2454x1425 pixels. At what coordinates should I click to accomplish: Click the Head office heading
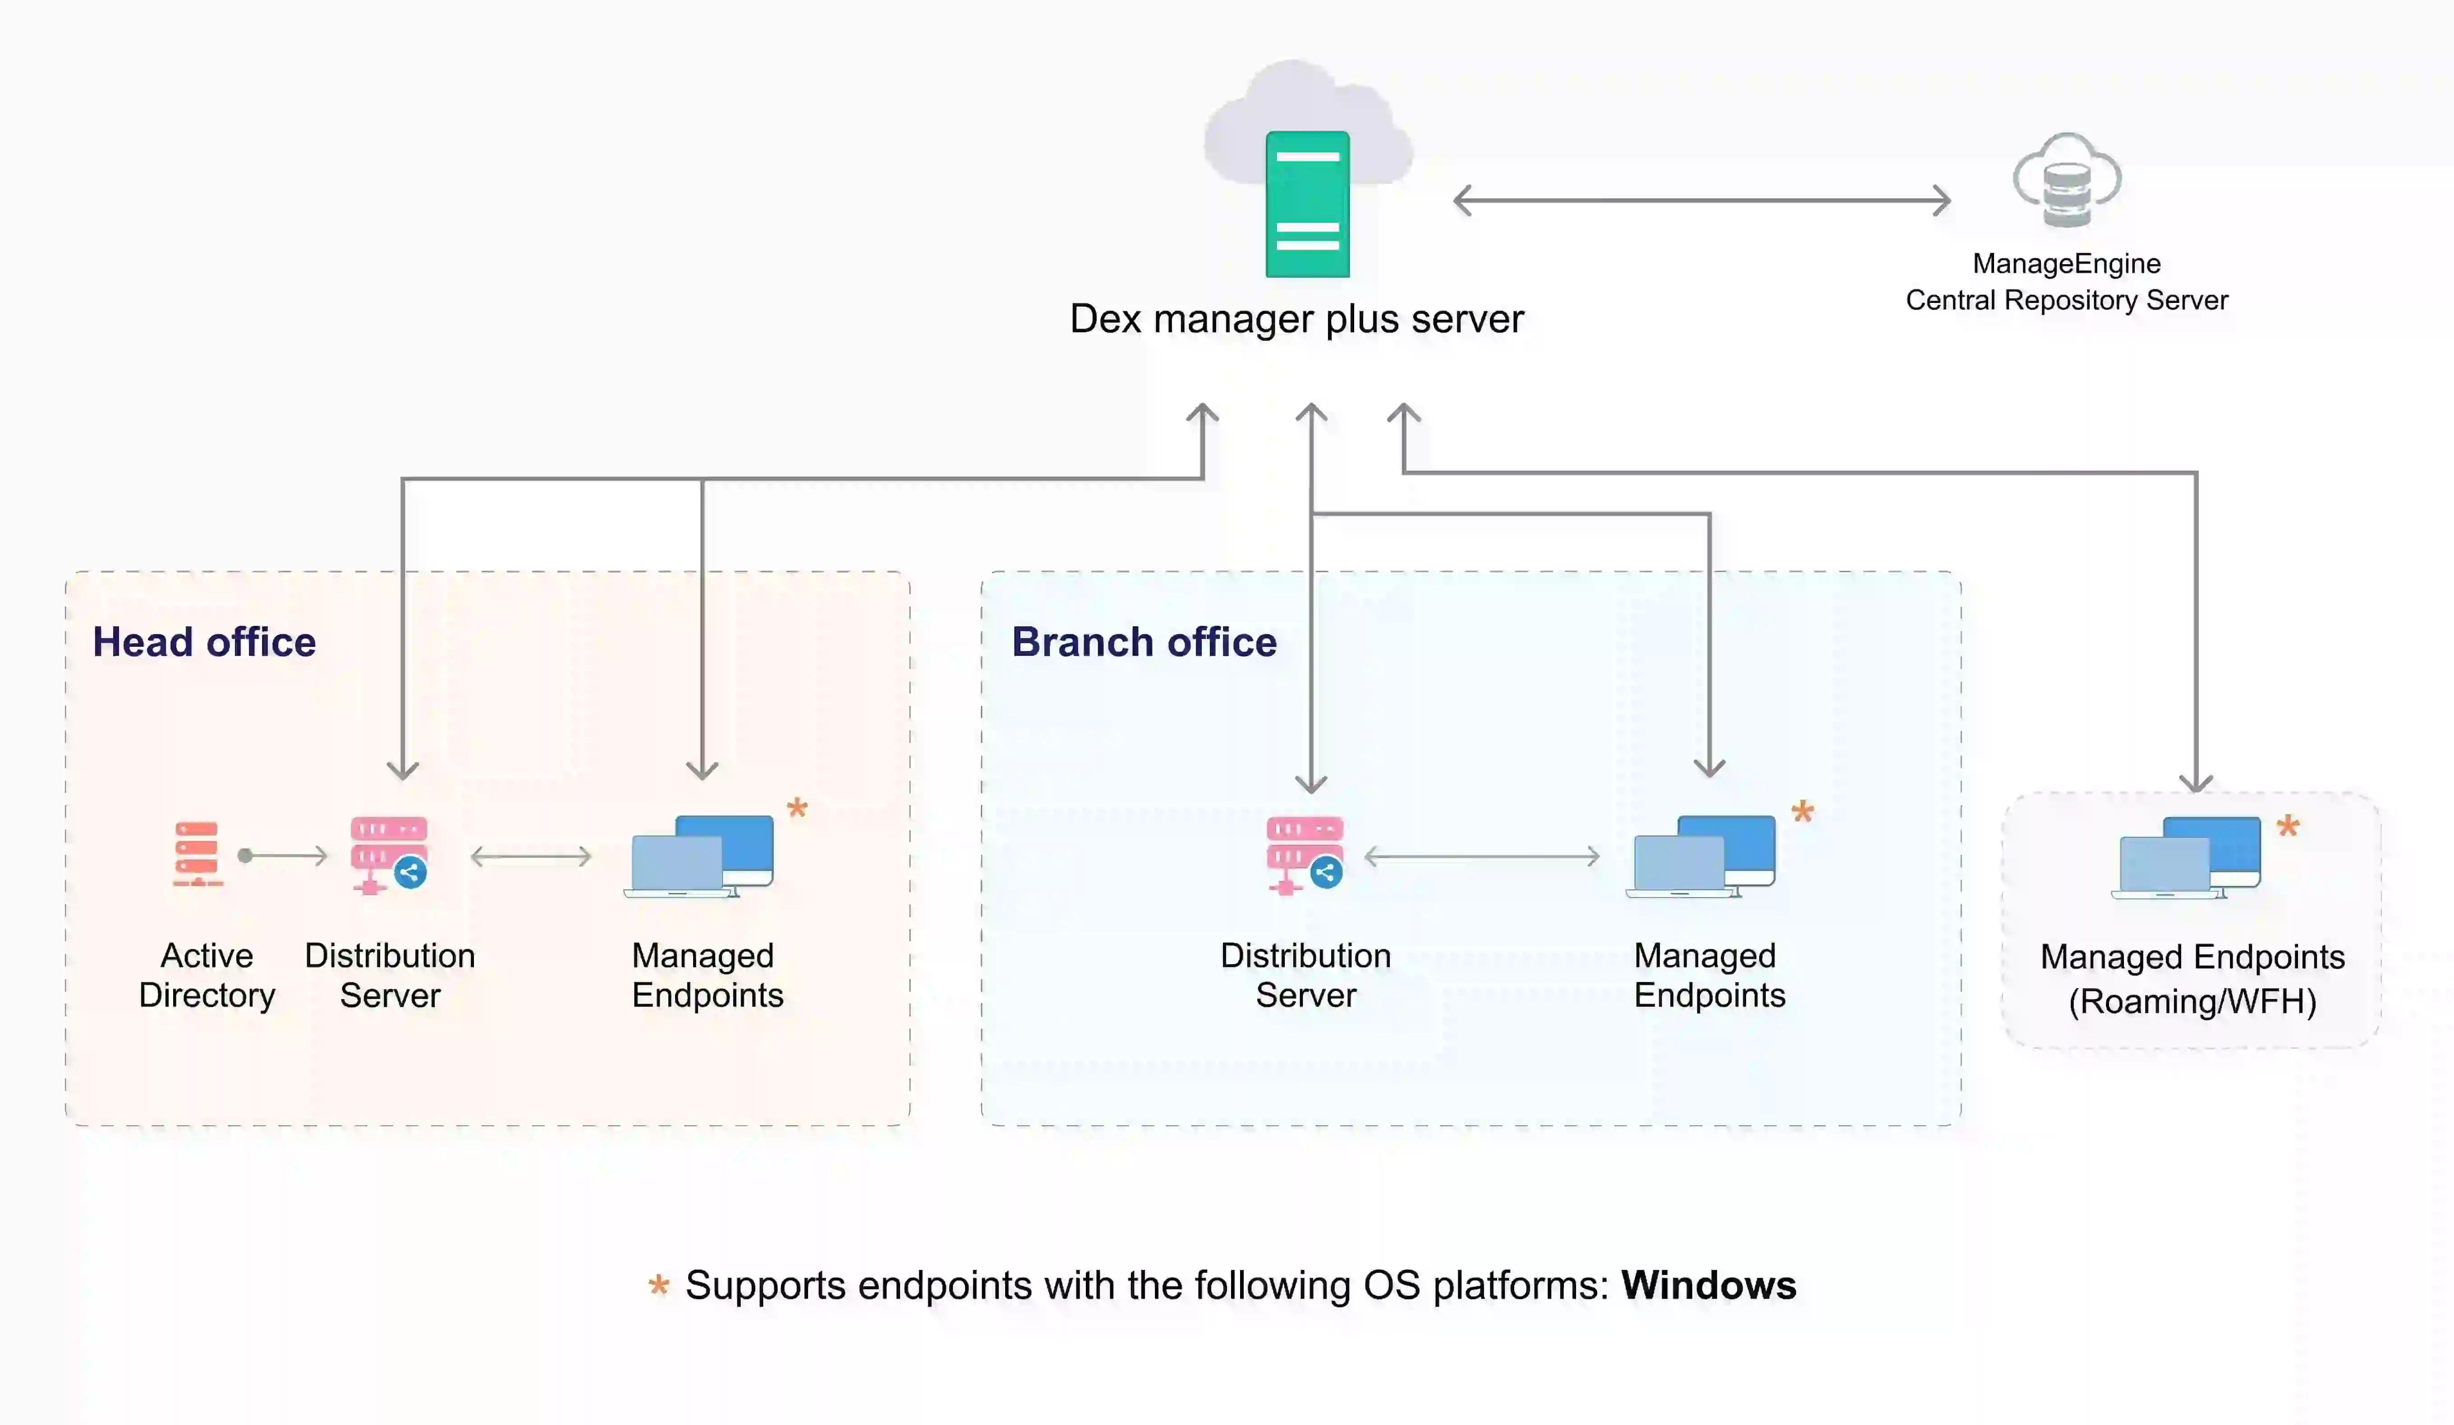point(205,642)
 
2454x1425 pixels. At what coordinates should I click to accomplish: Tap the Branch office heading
point(1144,642)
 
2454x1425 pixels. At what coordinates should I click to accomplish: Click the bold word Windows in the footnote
point(1708,1286)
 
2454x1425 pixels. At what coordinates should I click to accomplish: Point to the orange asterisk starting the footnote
point(659,1286)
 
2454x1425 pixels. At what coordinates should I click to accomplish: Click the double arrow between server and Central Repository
point(1701,201)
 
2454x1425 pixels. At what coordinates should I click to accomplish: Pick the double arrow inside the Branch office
point(1481,857)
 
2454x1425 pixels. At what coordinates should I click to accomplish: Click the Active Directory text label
point(207,975)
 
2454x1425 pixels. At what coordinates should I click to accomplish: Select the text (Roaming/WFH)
point(2192,1002)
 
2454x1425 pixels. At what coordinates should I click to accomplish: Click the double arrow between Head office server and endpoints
point(531,857)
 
